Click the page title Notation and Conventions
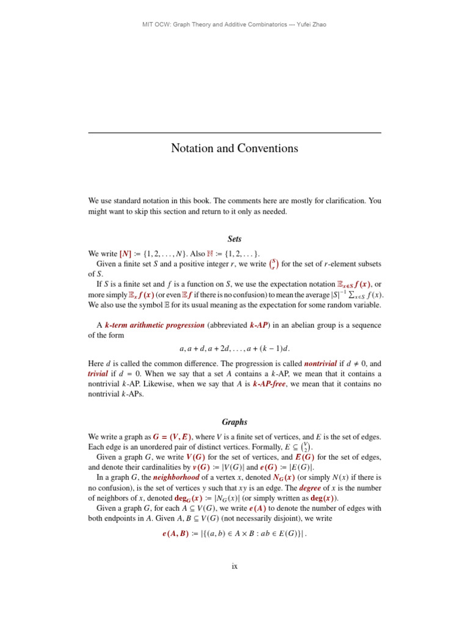(x=234, y=148)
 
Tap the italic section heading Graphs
(x=234, y=422)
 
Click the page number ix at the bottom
(x=234, y=566)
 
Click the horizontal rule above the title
(x=234, y=132)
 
